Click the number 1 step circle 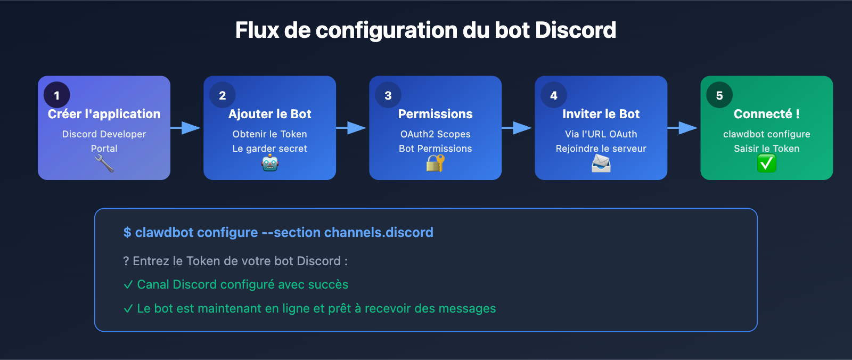coord(57,95)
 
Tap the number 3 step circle coord(388,95)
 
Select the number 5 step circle coord(719,95)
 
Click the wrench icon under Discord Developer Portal coord(104,163)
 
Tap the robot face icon coord(270,163)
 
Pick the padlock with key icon coord(435,163)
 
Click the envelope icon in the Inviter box coord(601,163)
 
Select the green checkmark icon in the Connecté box coord(766,163)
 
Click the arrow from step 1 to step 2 coord(186,128)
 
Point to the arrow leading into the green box coord(683,128)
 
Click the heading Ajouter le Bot coord(270,114)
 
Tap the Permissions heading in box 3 coord(436,114)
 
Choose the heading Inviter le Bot coord(601,114)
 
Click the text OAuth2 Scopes coord(436,134)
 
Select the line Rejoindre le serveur coord(601,149)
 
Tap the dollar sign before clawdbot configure coord(127,233)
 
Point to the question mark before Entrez coord(126,261)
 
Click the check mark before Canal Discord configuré coord(128,285)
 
